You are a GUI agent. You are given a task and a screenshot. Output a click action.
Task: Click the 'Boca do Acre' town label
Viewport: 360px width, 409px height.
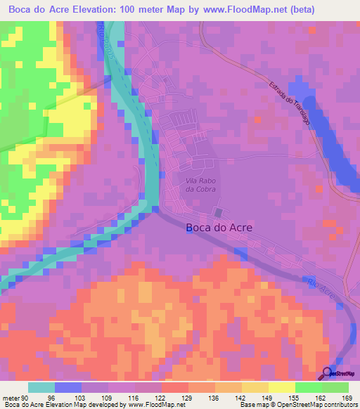click(x=219, y=228)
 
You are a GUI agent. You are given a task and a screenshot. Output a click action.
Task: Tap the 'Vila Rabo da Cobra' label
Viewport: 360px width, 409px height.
click(x=199, y=186)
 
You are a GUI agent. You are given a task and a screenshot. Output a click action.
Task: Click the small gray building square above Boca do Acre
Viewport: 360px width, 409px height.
click(x=219, y=212)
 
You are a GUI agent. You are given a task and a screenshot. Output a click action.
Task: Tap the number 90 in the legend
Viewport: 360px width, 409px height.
click(x=24, y=398)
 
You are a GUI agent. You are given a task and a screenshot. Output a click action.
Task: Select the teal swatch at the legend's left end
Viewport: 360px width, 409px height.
click(x=41, y=387)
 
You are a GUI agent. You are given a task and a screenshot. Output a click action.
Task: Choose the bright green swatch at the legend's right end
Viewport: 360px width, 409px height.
click(x=335, y=387)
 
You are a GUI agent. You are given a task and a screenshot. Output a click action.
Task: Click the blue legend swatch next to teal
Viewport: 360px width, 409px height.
click(x=68, y=387)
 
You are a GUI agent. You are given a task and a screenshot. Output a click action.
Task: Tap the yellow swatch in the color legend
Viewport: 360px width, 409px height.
click(x=281, y=387)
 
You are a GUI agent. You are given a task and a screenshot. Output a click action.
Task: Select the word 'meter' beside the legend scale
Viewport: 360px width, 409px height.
click(x=10, y=398)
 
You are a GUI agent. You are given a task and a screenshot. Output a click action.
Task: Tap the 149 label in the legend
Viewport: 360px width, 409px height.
click(x=268, y=398)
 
